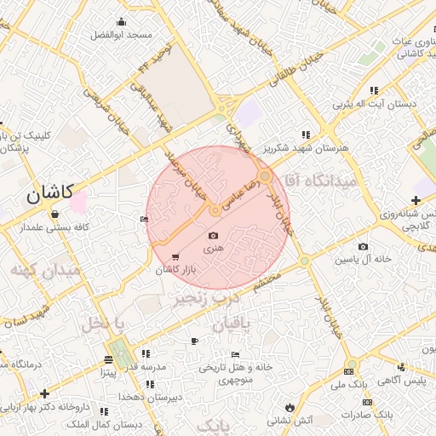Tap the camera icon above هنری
[x=213, y=235]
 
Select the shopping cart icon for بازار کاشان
[x=175, y=257]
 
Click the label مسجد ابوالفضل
[x=121, y=35]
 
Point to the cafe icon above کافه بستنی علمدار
[x=54, y=214]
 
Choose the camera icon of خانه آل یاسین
[x=364, y=247]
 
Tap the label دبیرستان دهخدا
[x=148, y=398]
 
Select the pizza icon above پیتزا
[x=108, y=359]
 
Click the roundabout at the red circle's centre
[x=216, y=209]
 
